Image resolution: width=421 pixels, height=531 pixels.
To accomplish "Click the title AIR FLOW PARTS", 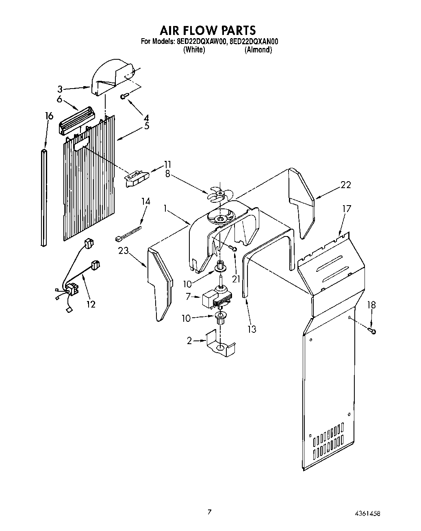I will [207, 30].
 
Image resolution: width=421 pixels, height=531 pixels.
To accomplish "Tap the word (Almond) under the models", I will [258, 50].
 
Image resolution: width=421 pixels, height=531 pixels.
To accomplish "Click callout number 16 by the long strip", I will [49, 116].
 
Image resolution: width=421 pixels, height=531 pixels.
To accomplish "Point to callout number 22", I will [346, 184].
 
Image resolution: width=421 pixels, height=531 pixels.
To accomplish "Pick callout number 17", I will [346, 209].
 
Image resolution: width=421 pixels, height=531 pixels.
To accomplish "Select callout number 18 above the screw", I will [371, 305].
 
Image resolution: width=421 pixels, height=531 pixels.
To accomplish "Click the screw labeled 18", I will [372, 331].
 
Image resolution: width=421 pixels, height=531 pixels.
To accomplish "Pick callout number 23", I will [124, 251].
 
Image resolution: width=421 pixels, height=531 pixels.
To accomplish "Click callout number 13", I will [252, 329].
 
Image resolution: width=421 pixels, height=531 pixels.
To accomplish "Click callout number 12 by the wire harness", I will [91, 304].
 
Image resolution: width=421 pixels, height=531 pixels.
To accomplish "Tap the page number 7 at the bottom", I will [209, 512].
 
